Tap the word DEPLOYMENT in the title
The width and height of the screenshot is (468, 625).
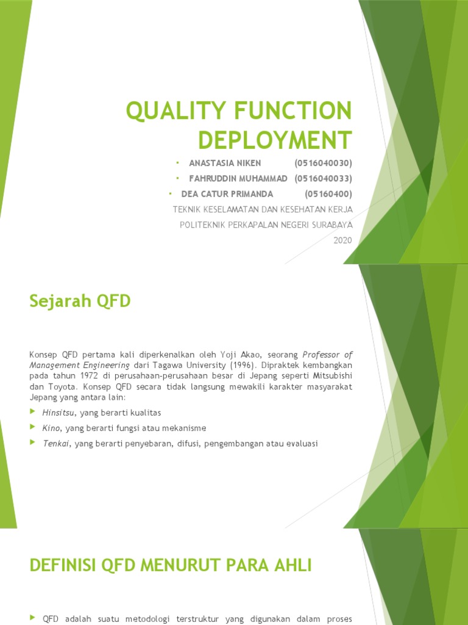tap(275, 140)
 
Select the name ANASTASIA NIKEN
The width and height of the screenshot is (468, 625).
tap(225, 164)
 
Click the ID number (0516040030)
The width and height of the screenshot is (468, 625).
tap(323, 164)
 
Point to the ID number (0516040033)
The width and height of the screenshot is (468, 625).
tap(323, 179)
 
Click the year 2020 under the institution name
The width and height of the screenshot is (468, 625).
tap(342, 240)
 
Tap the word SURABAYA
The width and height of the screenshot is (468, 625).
tap(331, 225)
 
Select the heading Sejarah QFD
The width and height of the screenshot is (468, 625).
tap(80, 301)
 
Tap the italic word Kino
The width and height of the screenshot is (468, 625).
tap(51, 428)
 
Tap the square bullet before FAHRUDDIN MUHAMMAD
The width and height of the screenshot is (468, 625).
tap(177, 178)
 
